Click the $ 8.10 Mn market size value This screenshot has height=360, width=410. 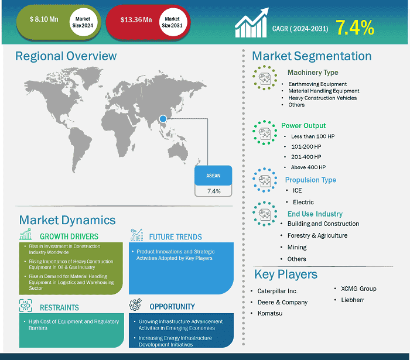click(44, 19)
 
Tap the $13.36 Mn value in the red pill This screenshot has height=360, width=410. click(136, 19)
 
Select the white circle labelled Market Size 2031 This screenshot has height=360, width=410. click(172, 22)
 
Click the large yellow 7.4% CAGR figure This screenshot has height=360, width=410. click(355, 28)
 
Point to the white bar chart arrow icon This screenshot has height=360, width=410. click(251, 23)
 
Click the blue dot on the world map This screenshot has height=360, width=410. click(163, 119)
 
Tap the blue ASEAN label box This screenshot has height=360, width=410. click(213, 175)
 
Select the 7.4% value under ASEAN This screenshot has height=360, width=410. click(214, 191)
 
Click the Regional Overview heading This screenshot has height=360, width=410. click(66, 56)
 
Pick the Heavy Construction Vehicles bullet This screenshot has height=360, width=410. click(322, 98)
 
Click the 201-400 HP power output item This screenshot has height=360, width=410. click(306, 157)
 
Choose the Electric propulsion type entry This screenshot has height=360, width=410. click(303, 202)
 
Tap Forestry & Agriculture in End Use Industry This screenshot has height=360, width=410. click(317, 235)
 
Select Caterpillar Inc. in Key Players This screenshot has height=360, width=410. click(278, 291)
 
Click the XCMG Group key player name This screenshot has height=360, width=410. click(358, 289)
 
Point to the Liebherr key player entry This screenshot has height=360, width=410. click(353, 300)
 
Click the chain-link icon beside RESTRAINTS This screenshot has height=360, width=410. click(26, 306)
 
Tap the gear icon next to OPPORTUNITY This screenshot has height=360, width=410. click(135, 304)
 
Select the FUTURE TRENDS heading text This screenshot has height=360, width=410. click(176, 237)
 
